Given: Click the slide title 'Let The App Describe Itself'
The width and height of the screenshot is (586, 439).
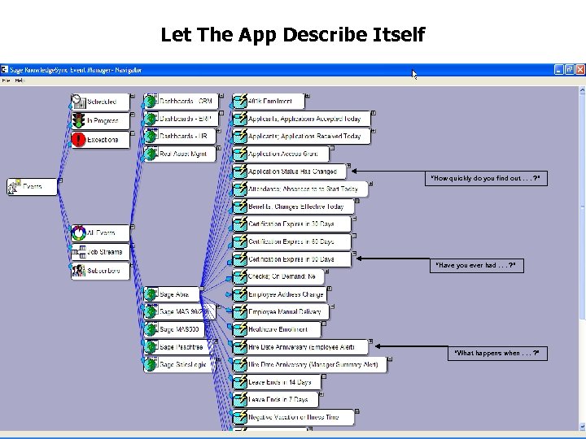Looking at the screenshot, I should point(292,35).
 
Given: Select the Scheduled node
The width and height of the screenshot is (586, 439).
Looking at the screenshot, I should point(103,102).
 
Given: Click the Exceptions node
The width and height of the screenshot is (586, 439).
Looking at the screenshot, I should point(103,140).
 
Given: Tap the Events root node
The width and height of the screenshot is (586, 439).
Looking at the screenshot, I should point(33,187).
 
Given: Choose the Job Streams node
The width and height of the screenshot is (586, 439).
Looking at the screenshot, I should point(103,252).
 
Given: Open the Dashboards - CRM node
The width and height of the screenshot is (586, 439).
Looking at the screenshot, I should point(185,102).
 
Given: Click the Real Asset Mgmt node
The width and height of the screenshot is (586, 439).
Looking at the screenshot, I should point(182,154).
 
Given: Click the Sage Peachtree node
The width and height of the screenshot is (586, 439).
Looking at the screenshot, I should point(179,347).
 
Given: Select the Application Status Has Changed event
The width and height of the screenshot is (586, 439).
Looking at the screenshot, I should point(291,172).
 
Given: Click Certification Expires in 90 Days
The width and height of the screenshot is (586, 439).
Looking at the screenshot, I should point(291,259).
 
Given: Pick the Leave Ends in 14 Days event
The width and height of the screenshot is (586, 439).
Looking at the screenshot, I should point(279,382).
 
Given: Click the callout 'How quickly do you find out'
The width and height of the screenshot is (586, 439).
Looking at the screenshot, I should point(484,178).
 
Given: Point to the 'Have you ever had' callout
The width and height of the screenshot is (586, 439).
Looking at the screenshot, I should point(475,265).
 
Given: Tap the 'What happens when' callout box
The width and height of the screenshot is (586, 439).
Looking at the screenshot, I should point(496,353).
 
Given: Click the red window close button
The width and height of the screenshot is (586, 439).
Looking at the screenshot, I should point(579,70).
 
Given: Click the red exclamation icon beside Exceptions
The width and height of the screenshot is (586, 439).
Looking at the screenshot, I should point(78,140).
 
